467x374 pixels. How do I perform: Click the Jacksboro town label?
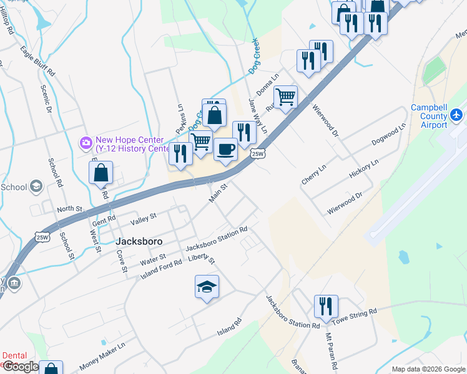tap(139, 241)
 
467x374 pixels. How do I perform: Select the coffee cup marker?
tap(225, 150)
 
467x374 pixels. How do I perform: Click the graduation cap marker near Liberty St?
tap(207, 287)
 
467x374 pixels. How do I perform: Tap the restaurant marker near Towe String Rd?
tap(326, 307)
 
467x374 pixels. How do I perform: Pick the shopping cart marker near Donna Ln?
tap(285, 97)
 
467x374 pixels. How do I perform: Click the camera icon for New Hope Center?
tap(85, 143)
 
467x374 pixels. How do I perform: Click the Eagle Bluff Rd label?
tap(37, 60)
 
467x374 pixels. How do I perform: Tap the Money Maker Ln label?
tap(102, 355)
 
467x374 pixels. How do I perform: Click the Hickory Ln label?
tap(364, 169)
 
